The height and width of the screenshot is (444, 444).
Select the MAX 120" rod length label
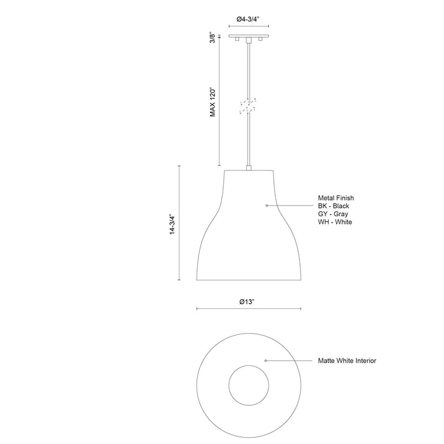(214, 101)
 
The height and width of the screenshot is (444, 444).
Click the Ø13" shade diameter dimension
(248, 302)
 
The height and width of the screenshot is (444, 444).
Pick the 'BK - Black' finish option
(334, 206)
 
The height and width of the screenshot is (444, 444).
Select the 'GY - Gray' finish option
(333, 214)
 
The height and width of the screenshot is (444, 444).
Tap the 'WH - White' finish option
(335, 222)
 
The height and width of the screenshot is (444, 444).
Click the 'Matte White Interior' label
(347, 360)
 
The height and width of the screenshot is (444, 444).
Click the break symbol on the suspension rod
(248, 105)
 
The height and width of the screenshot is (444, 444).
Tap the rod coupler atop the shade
(248, 168)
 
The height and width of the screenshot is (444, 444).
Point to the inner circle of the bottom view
(248, 384)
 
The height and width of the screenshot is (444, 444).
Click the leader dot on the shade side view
(266, 206)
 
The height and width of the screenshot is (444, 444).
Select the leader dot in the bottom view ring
(265, 360)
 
